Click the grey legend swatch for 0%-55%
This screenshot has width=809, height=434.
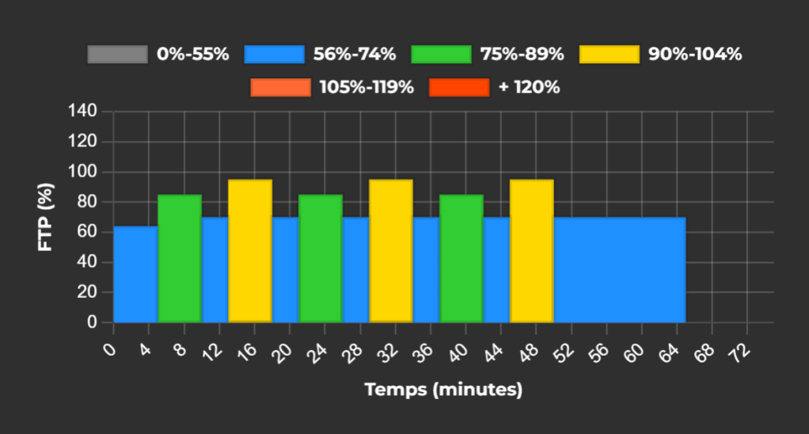click(x=118, y=55)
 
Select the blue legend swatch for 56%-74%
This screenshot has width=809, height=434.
click(x=275, y=55)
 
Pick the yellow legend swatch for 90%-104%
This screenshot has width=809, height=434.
click(x=610, y=55)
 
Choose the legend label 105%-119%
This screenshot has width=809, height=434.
click(x=367, y=88)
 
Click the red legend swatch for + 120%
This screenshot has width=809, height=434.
click(x=459, y=88)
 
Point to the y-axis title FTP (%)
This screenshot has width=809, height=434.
click(x=46, y=217)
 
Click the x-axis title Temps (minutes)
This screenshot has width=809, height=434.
click(x=443, y=390)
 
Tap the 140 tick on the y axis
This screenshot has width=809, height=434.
click(x=88, y=111)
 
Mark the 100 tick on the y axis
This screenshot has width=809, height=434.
click(x=88, y=172)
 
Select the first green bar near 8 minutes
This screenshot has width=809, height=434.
click(x=180, y=258)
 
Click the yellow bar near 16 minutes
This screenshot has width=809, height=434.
click(x=250, y=251)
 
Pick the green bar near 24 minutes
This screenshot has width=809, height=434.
click(x=321, y=258)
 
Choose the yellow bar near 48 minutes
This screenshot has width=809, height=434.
click(x=532, y=251)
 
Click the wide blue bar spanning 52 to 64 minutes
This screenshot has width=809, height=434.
click(x=620, y=269)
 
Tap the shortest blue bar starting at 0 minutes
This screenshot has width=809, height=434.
click(x=135, y=274)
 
